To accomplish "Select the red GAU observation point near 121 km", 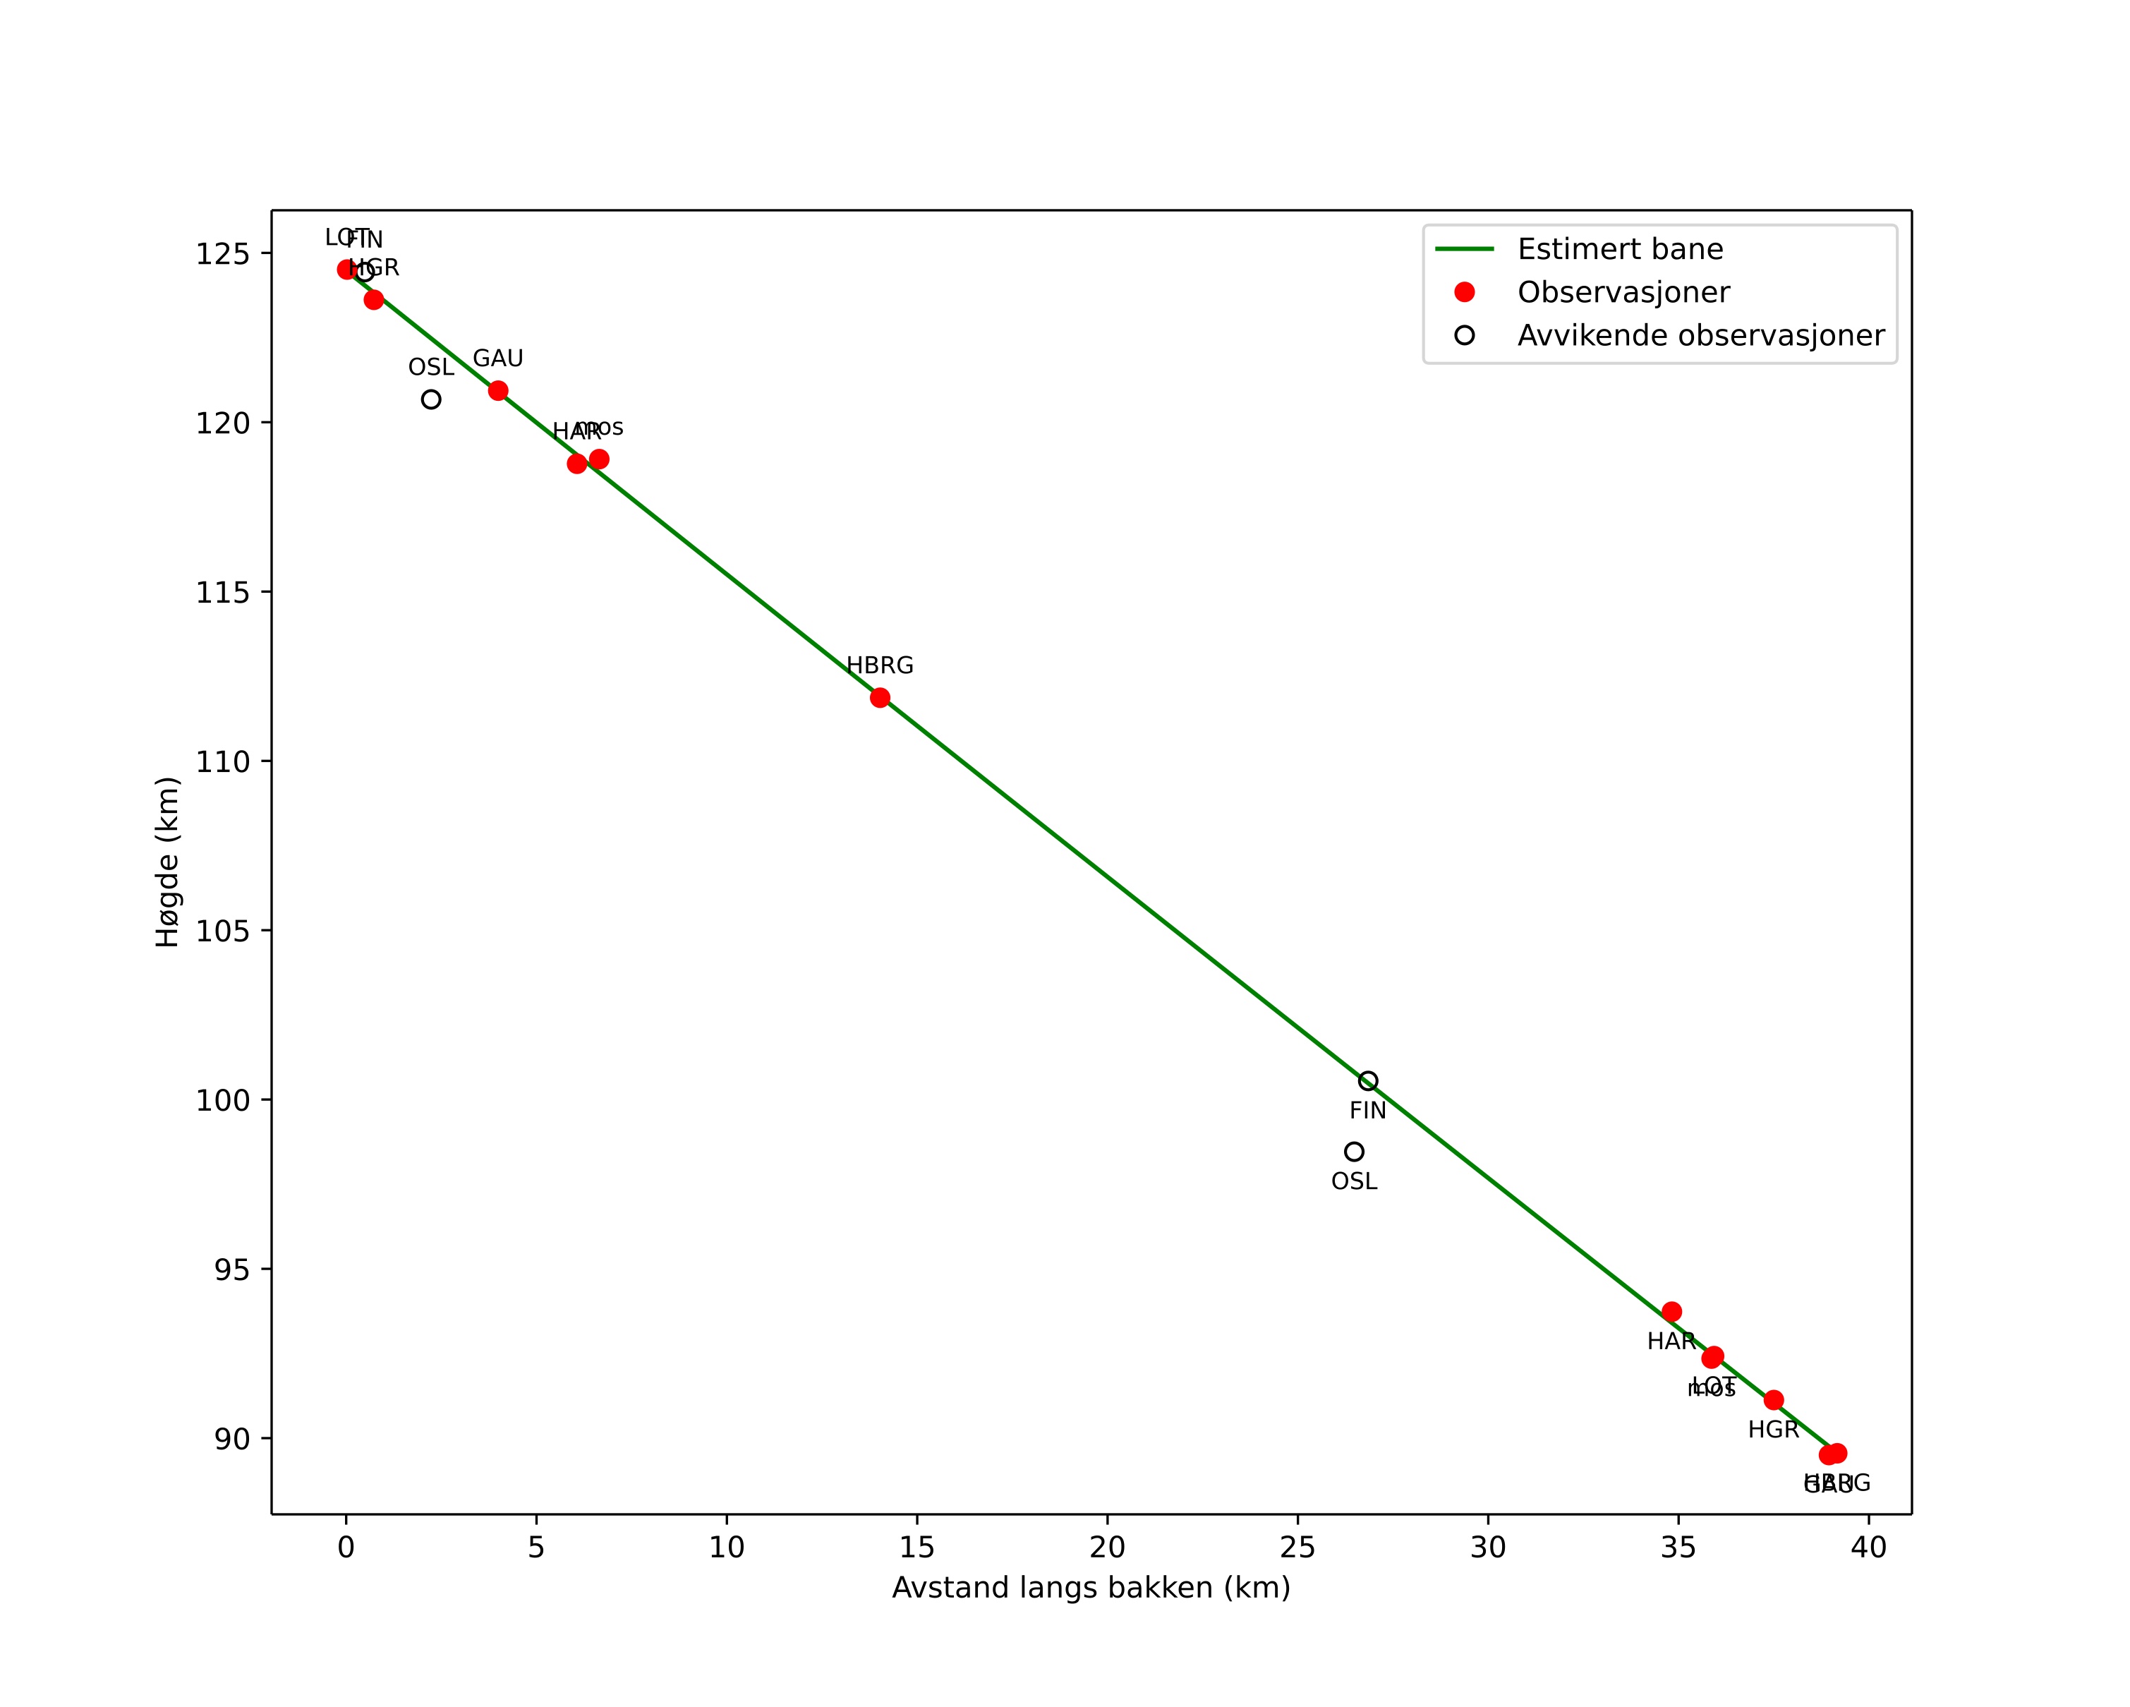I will click(498, 390).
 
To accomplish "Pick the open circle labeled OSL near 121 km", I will click(431, 399).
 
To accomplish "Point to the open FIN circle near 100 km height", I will click(1367, 1080).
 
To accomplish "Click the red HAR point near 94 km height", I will click(1671, 1312).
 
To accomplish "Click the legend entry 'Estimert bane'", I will click(1619, 249).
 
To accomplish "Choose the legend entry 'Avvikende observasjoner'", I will click(1700, 336).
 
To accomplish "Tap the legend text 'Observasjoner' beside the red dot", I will click(1623, 292).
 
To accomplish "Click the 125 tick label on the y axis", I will click(222, 254).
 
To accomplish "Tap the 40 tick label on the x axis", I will click(1868, 1548).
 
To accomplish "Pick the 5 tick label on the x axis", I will click(535, 1548).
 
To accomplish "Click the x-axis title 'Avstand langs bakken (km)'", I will click(1091, 1588).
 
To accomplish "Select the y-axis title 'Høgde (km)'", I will click(168, 862).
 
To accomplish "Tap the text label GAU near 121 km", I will click(498, 358).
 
